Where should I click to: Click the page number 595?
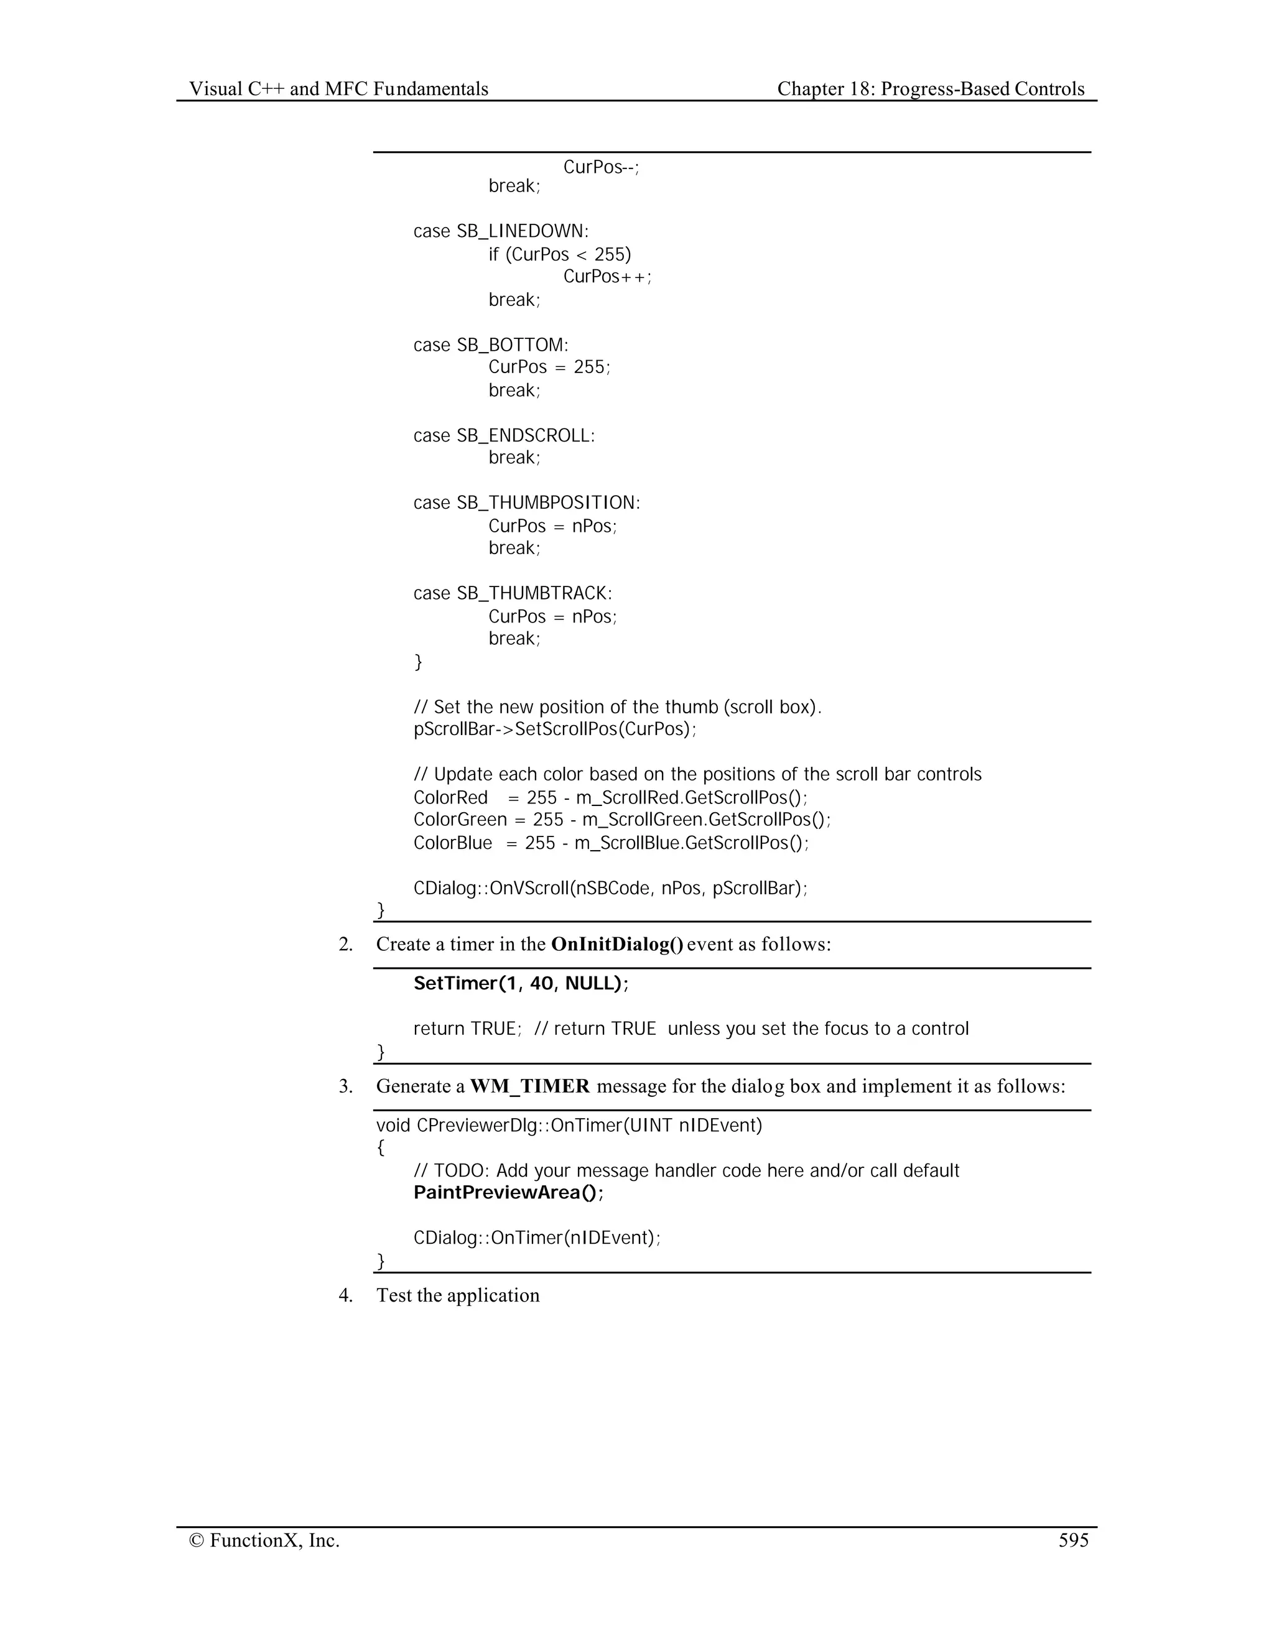[1073, 1540]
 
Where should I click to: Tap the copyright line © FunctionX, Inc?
[264, 1540]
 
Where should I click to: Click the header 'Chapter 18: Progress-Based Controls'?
[931, 89]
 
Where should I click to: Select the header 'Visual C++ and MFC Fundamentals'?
[338, 89]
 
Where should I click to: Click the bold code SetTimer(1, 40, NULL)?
[521, 983]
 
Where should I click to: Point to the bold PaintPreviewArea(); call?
[509, 1192]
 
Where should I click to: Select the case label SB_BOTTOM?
[512, 345]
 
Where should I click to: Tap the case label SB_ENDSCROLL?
[525, 435]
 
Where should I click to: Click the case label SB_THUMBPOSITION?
[548, 502]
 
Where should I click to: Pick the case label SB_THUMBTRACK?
[534, 593]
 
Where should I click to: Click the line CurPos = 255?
[549, 368]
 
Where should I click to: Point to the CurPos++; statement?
[607, 277]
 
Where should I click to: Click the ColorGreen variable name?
[460, 820]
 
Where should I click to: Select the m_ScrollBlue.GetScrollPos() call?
[690, 843]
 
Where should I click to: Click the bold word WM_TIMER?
[530, 1086]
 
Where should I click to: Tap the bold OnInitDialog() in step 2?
[617, 944]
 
